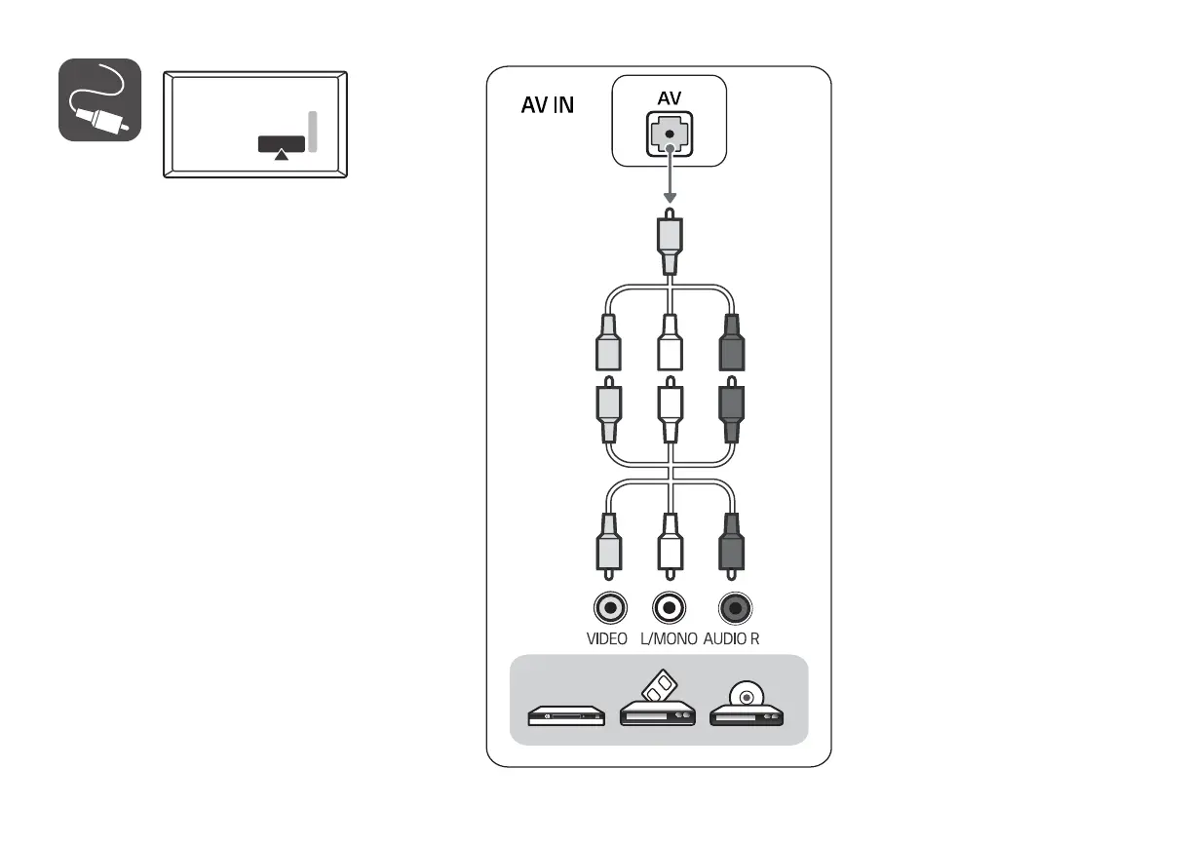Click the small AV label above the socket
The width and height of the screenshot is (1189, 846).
(670, 99)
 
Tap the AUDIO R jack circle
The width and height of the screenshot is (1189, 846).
(734, 609)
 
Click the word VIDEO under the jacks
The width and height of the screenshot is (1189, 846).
(606, 640)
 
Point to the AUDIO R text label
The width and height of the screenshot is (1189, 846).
(731, 640)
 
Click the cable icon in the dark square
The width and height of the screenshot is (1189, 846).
(100, 100)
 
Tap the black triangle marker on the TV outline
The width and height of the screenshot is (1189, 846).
(282, 153)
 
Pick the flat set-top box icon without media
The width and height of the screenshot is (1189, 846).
(566, 717)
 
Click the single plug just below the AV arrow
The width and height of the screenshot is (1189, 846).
(670, 244)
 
